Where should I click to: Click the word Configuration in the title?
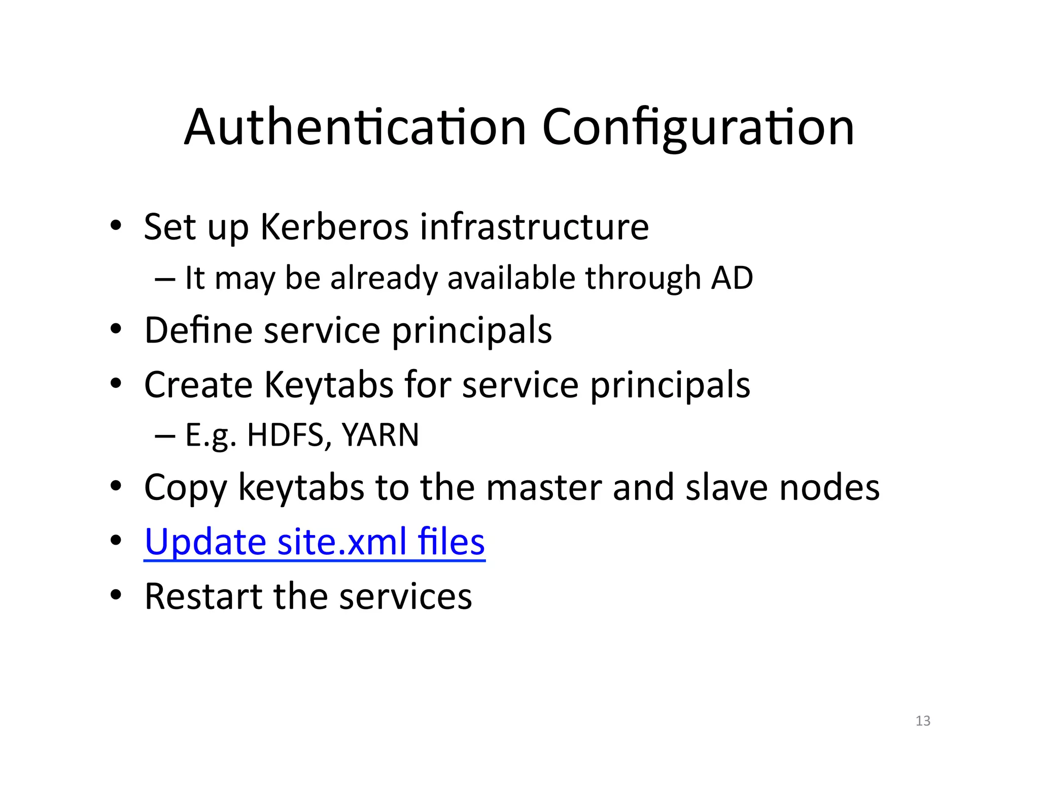coord(698,127)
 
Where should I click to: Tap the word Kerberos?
coord(334,227)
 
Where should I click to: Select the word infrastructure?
coord(534,227)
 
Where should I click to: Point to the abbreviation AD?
coord(732,278)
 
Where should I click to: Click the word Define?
coord(198,330)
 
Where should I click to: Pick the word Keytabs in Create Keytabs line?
coord(329,385)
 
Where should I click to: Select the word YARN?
coord(380,435)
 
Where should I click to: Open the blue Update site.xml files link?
coord(315,542)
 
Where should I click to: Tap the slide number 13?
coord(923,721)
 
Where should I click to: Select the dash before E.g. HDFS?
coord(165,436)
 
